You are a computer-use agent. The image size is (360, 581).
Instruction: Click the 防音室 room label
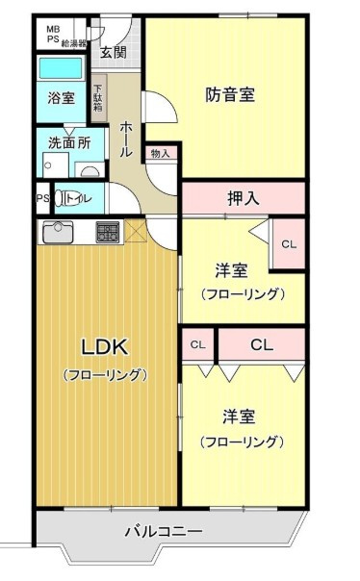coord(230,95)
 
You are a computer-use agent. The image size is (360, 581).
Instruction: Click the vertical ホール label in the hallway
coord(125,140)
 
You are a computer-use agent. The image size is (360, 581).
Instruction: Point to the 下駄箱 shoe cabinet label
coord(98,100)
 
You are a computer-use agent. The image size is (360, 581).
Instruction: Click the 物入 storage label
coord(160,153)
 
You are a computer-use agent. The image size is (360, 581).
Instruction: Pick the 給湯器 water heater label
coord(76,43)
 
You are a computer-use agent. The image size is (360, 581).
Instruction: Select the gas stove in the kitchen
coord(107,232)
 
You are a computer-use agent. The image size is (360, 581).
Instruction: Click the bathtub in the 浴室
coord(60,69)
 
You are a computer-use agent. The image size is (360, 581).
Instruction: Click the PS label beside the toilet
coord(42,199)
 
